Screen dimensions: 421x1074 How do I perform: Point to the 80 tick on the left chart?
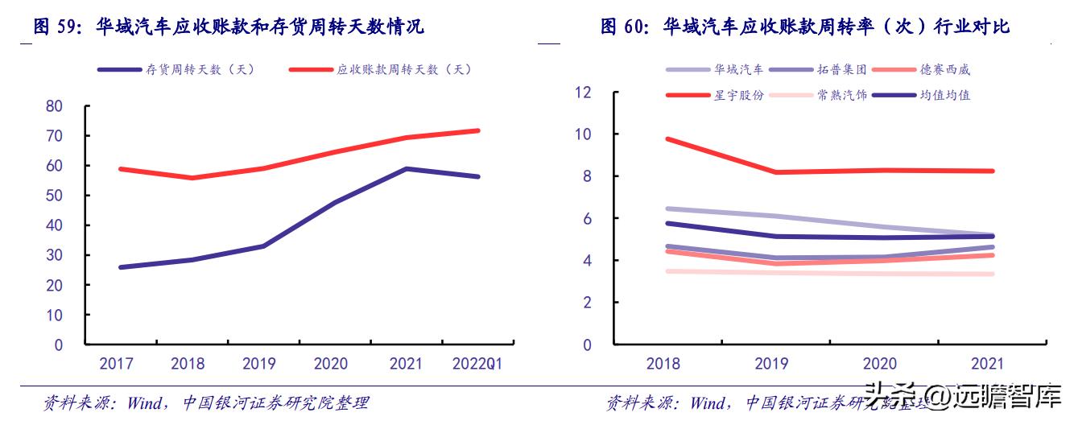[x=55, y=106]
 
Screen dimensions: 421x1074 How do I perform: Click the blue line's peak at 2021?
[x=407, y=169]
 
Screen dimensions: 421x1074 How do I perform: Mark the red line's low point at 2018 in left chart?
[x=192, y=178]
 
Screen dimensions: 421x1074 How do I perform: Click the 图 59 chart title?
[x=229, y=27]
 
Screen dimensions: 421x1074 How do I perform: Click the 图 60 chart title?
[x=804, y=27]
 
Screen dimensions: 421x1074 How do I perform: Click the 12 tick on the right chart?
[x=582, y=93]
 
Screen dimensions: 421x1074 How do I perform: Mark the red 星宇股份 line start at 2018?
[x=667, y=139]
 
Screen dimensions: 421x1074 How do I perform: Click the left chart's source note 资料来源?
[x=206, y=402]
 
